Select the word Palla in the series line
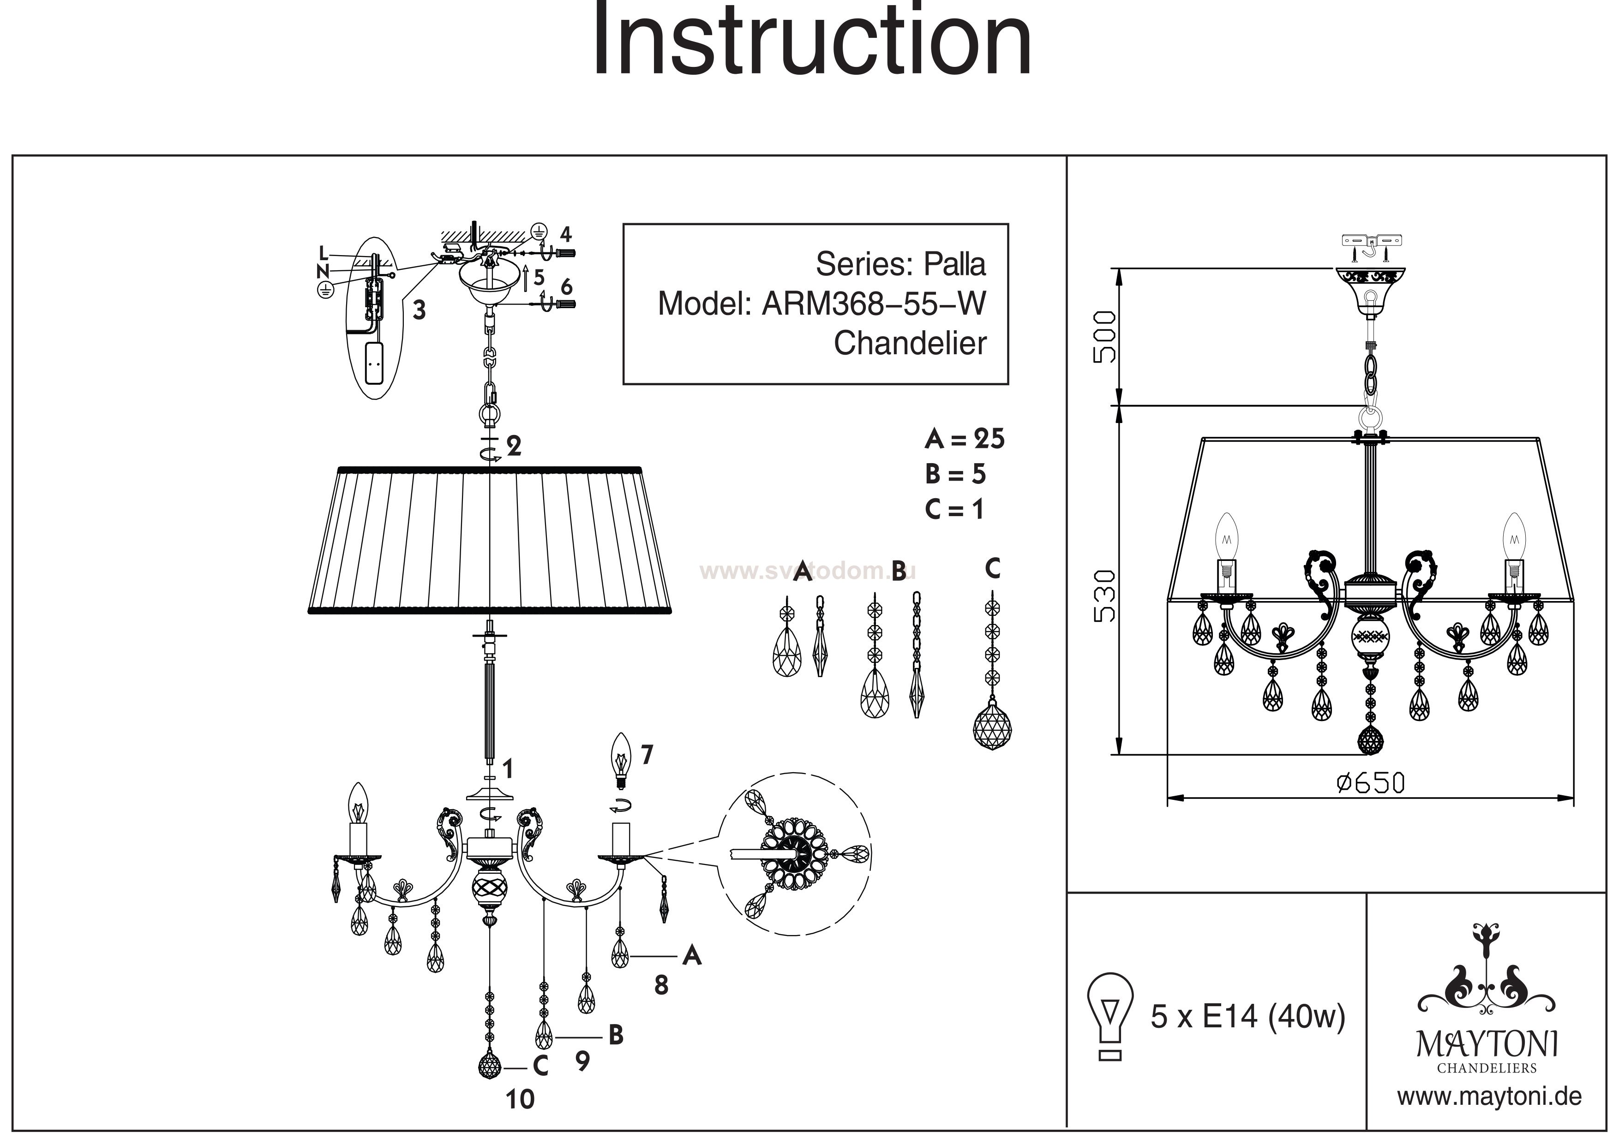pyautogui.click(x=955, y=264)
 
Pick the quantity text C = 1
pyautogui.click(x=954, y=509)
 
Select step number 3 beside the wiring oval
pyautogui.click(x=419, y=310)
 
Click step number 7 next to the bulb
pyautogui.click(x=647, y=756)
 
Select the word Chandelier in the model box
pyautogui.click(x=910, y=343)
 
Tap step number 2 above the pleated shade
pyautogui.click(x=514, y=446)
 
